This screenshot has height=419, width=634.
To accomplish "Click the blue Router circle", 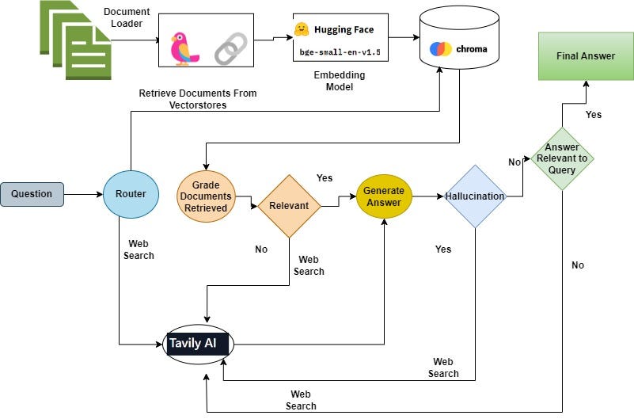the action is pos(131,194).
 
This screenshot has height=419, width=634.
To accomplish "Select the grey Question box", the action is pos(32,194).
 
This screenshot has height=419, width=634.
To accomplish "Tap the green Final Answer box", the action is pos(586,56).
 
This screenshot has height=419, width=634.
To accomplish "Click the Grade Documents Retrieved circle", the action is pos(207,196).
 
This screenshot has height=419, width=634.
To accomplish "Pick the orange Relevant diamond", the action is pos(289,206).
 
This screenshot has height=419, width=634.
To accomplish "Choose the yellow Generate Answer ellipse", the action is pos(384,196).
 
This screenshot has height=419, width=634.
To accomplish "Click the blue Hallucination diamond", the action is pos(475,196).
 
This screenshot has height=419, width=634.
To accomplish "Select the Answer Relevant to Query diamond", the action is pos(562,158).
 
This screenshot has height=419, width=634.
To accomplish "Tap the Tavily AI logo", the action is pos(198,345).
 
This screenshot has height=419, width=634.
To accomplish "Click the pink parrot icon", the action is pos(184,49).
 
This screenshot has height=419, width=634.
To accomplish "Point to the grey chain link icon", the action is pos(231,48).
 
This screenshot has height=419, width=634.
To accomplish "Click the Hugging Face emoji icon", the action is pos(302,29).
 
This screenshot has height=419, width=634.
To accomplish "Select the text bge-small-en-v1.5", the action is pos(340,52).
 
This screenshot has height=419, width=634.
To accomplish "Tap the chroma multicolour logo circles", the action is pos(440,49).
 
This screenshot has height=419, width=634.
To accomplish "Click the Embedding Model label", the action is pos(340,81).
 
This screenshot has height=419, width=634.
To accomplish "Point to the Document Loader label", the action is pos(127,17).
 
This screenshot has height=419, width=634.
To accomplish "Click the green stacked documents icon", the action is pos(76,40).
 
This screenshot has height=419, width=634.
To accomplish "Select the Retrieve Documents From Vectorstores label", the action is pos(198,99).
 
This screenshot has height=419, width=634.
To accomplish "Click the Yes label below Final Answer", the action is pos(594,115).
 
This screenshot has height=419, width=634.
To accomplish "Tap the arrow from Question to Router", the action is pos(83,195).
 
